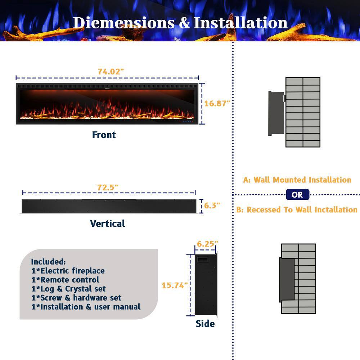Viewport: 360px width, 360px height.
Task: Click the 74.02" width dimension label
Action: point(111,72)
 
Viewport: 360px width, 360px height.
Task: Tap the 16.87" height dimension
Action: point(217,104)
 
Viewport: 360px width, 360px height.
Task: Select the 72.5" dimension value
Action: point(108,188)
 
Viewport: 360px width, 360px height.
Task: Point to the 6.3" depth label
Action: point(212,206)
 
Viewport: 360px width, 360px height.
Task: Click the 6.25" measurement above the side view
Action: point(207,244)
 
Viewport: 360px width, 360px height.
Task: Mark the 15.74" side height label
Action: point(175,285)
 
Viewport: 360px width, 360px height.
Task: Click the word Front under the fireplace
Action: point(104,135)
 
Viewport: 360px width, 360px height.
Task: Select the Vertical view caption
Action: point(108,224)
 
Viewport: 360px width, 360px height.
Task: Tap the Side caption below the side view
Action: point(205,324)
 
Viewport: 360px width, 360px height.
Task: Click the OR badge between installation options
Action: point(298,195)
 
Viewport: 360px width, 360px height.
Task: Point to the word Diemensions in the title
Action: point(124,23)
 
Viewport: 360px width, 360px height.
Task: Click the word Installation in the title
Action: point(240,23)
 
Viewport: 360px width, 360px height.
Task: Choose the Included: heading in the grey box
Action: point(49,262)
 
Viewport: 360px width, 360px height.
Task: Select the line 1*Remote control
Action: point(66,280)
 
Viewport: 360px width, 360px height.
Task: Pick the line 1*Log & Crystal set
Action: point(69,289)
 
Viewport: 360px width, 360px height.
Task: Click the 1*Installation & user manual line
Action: point(86,307)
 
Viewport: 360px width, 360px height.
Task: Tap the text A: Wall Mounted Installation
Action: point(297,180)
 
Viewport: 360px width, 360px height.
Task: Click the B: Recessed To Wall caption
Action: point(297,210)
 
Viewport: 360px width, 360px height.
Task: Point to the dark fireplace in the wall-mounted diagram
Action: point(276,113)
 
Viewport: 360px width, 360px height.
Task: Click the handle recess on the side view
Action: point(203,260)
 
